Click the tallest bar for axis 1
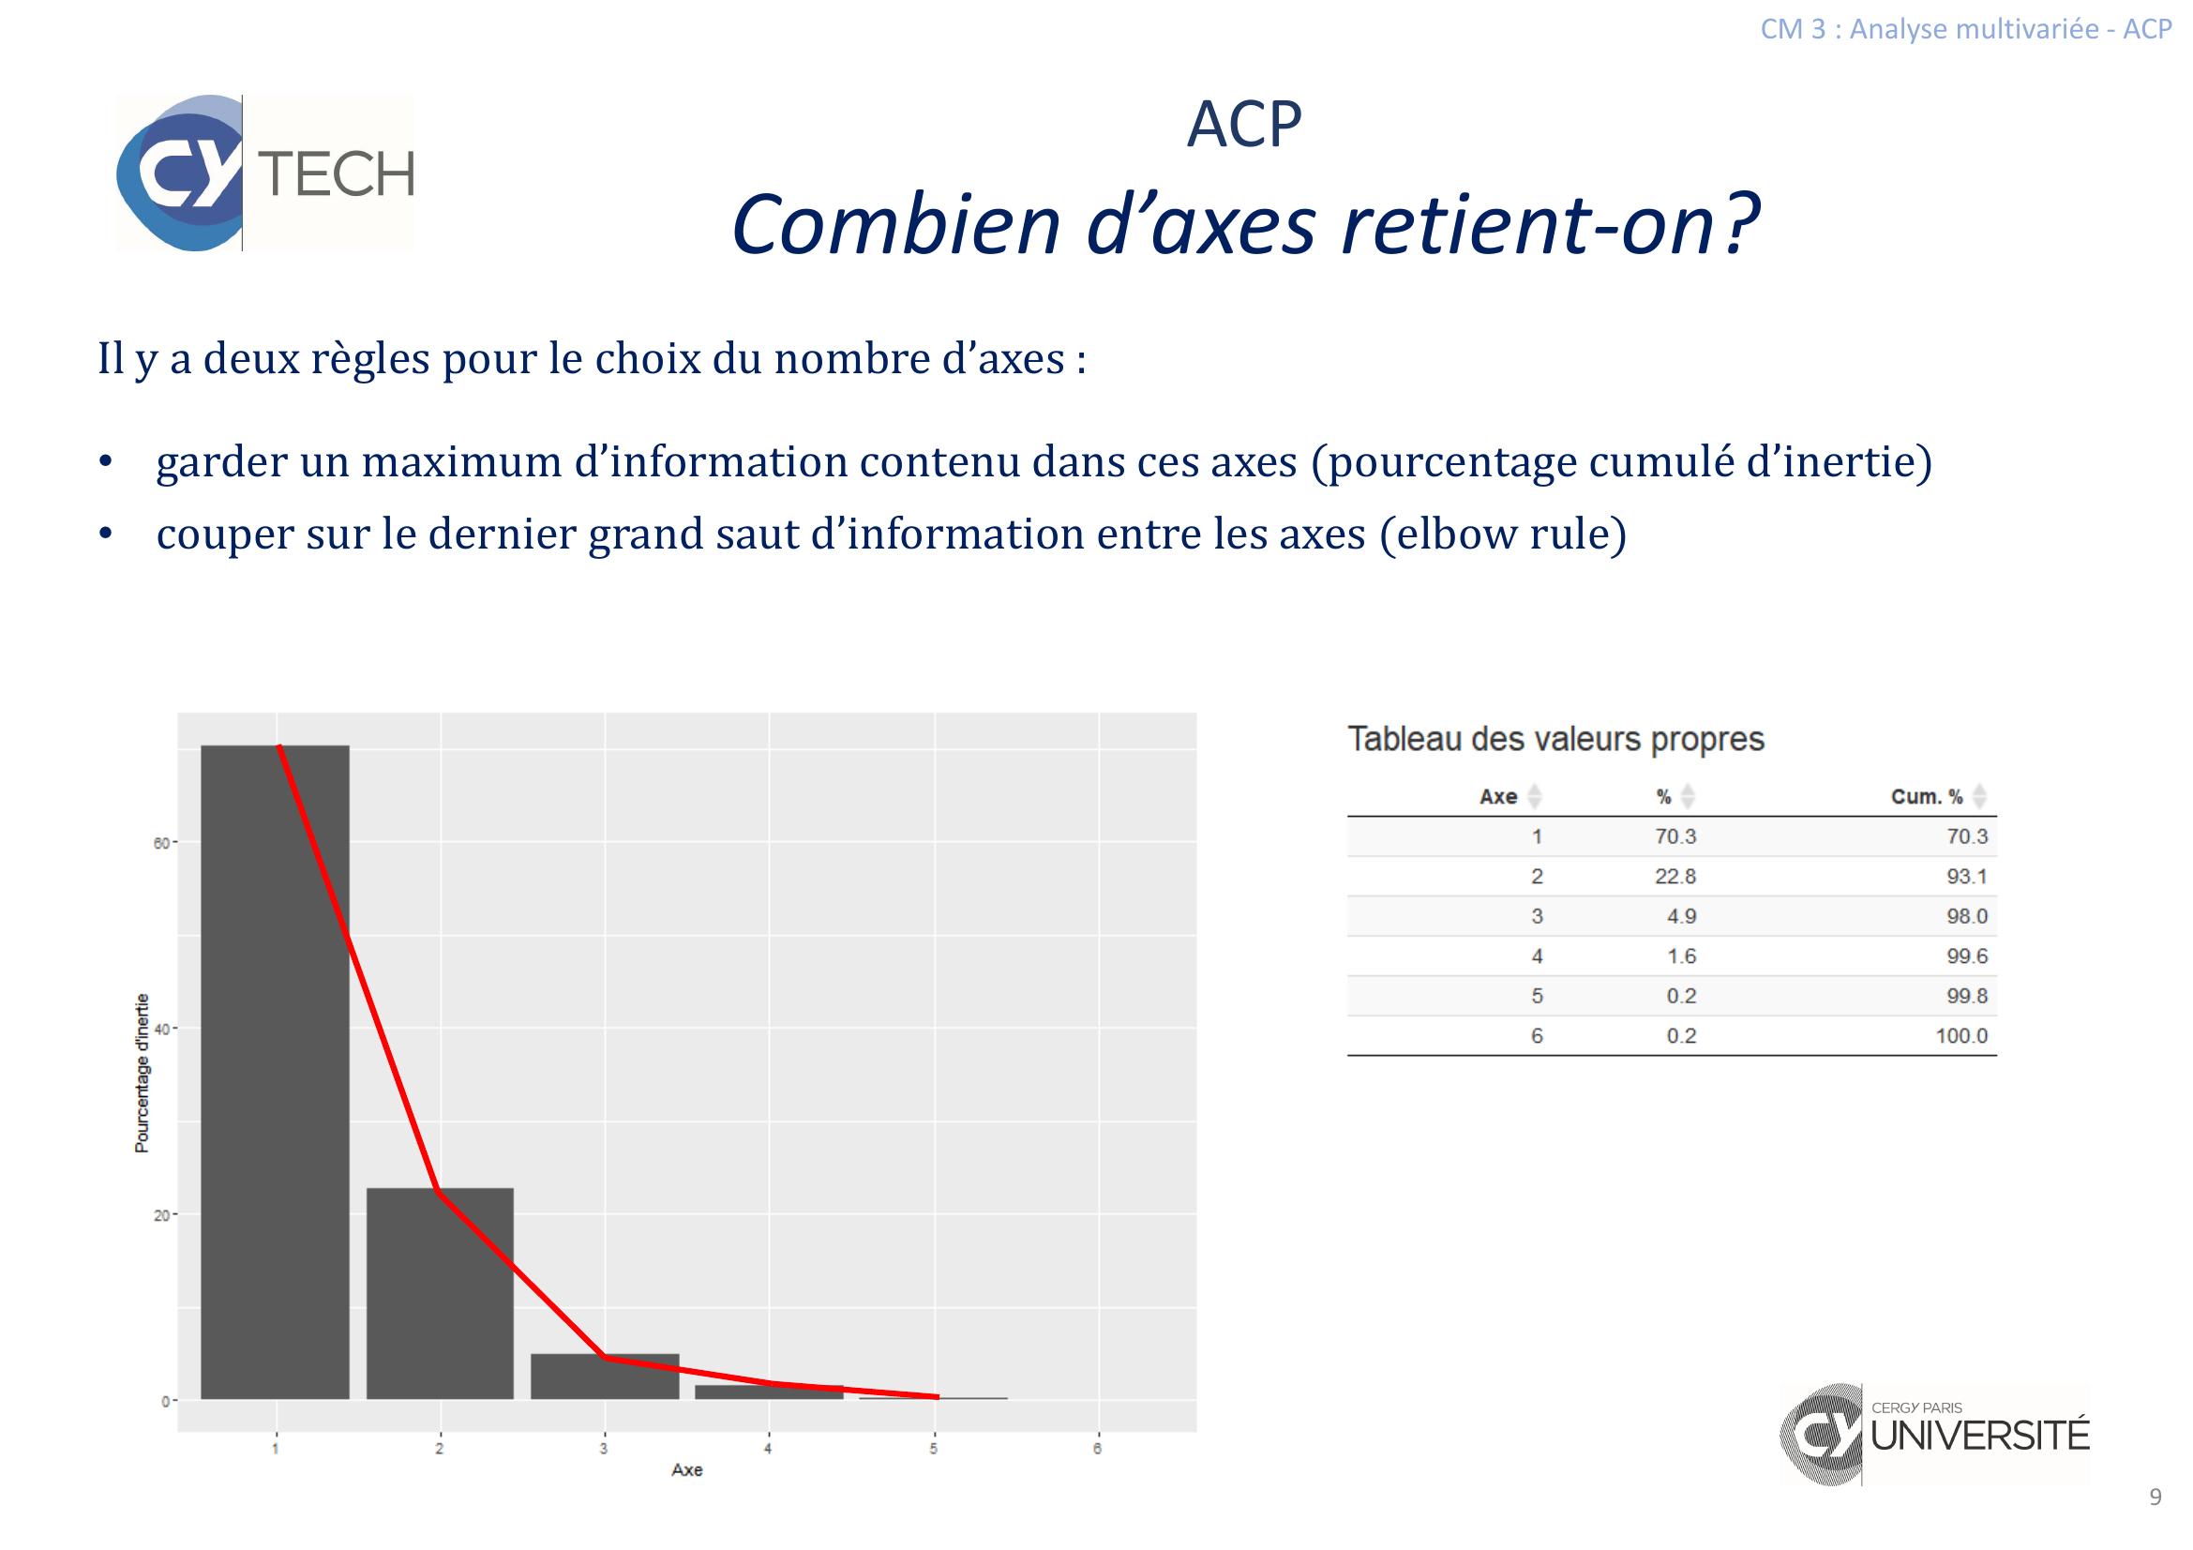pyautogui.click(x=275, y=1072)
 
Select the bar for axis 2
pyautogui.click(x=441, y=1293)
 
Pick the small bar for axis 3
pyautogui.click(x=605, y=1377)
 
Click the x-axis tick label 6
pyautogui.click(x=1098, y=1449)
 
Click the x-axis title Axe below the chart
pyautogui.click(x=686, y=1469)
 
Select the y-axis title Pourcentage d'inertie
pyautogui.click(x=142, y=1074)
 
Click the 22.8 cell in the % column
pyautogui.click(x=1675, y=876)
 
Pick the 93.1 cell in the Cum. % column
pyautogui.click(x=1967, y=876)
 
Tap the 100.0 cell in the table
pyautogui.click(x=1961, y=1035)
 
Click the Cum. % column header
pyautogui.click(x=1927, y=796)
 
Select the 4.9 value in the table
pyautogui.click(x=1681, y=916)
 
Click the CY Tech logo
pyautogui.click(x=265, y=173)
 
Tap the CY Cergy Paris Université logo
pyautogui.click(x=1934, y=1435)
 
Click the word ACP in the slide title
pyautogui.click(x=1243, y=124)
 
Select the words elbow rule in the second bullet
pyautogui.click(x=1502, y=533)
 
